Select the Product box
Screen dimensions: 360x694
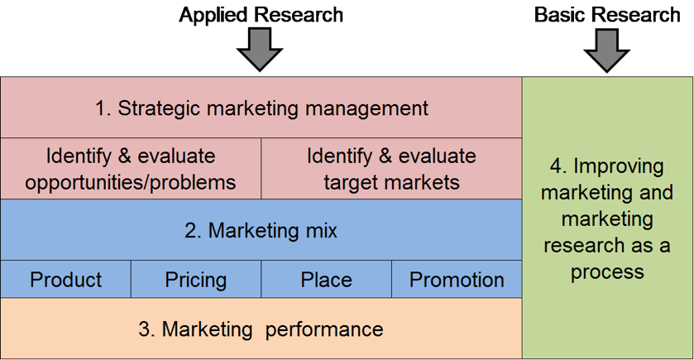tap(65, 280)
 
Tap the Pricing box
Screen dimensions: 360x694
tap(196, 280)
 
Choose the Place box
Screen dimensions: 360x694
tap(326, 280)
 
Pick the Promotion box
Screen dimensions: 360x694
tap(457, 280)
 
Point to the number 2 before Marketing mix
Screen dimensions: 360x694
tap(190, 230)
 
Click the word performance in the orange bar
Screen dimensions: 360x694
tap(324, 329)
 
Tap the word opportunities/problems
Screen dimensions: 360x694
tap(131, 181)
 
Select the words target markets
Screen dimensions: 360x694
tap(392, 181)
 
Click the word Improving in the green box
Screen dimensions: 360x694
tap(620, 166)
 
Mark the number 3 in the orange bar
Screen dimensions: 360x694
tap(144, 329)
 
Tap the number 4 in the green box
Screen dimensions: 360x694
tap(556, 166)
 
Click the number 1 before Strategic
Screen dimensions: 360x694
tap(101, 108)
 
